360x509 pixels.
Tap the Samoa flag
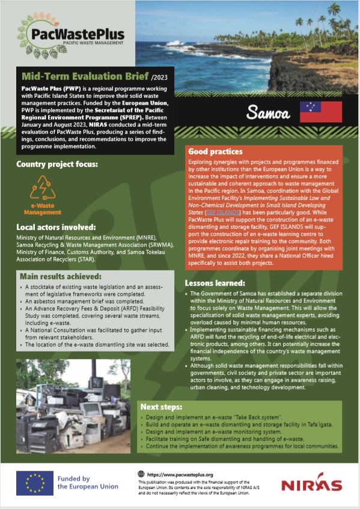[x=320, y=112]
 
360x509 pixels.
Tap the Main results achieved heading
[x=61, y=276]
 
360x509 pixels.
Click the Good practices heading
[x=215, y=151]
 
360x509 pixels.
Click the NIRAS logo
[x=311, y=484]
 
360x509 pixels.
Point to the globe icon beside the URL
[x=141, y=474]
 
